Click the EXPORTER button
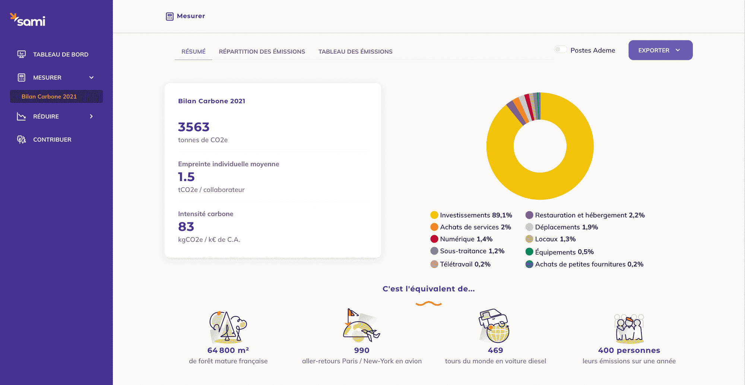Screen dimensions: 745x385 coord(660,50)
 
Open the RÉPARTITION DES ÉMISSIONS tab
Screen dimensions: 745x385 coord(262,51)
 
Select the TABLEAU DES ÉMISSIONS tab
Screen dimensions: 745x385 coord(355,51)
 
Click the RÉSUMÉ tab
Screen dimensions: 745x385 coord(193,51)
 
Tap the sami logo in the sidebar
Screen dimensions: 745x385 coord(28,20)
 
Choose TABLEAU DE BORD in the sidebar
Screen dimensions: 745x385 coord(61,54)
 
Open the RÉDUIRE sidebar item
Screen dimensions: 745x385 coord(46,116)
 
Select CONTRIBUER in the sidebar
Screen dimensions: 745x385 coord(52,139)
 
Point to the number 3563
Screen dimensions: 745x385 coord(194,127)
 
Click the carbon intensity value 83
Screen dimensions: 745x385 coord(186,227)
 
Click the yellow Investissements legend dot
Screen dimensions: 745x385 coord(434,215)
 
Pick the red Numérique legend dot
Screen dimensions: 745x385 coord(434,239)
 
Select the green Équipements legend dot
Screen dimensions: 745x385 coord(529,252)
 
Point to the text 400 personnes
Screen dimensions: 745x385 coord(629,350)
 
